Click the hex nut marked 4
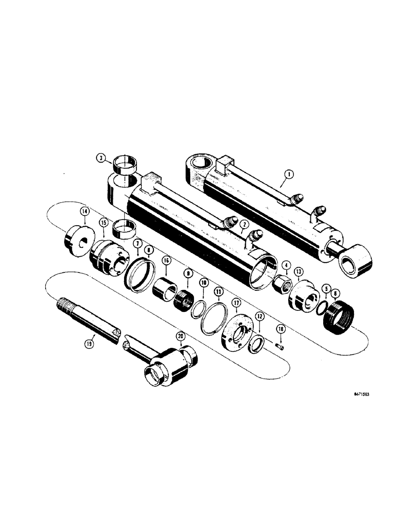tap(282, 284)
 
